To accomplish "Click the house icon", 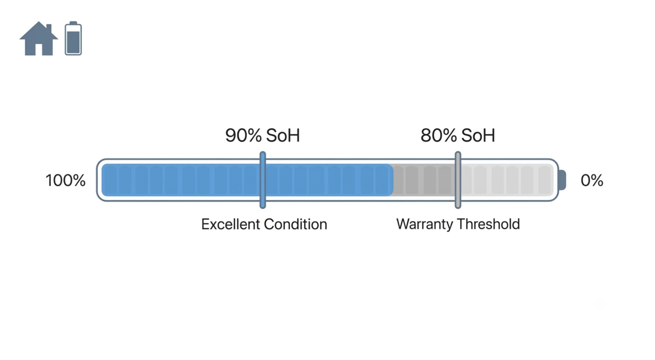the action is pyautogui.click(x=39, y=39).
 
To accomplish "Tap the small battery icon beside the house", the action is pyautogui.click(x=73, y=38).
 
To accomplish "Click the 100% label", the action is pyautogui.click(x=65, y=180).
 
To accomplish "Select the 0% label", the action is pyautogui.click(x=592, y=180).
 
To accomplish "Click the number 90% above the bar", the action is pyautogui.click(x=243, y=136).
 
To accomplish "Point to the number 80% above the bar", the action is pyautogui.click(x=439, y=136).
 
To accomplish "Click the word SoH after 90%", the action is pyautogui.click(x=283, y=136).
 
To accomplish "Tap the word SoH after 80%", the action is pyautogui.click(x=478, y=136).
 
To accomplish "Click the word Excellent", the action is pyautogui.click(x=231, y=224).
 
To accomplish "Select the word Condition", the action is pyautogui.click(x=295, y=224).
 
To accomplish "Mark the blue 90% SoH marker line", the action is pyautogui.click(x=263, y=180).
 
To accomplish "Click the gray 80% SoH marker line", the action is pyautogui.click(x=458, y=180).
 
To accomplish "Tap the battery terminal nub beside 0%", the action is pyautogui.click(x=562, y=180).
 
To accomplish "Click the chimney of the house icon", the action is pyautogui.click(x=49, y=28).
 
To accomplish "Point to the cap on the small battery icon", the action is pyautogui.click(x=73, y=23).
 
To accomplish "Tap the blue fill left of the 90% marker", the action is pyautogui.click(x=181, y=180).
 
